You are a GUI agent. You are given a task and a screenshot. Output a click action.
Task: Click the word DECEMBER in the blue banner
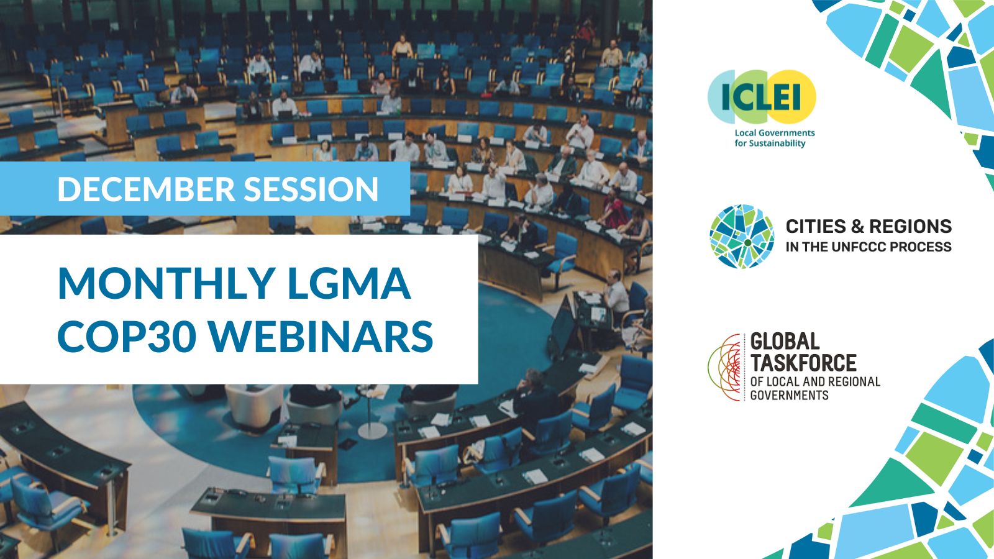pos(146,189)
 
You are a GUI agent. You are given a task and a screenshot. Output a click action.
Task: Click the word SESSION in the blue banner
pos(311,189)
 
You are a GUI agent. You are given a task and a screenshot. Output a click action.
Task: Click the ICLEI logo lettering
pos(761,96)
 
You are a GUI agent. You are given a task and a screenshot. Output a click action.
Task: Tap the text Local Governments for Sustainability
pos(774,138)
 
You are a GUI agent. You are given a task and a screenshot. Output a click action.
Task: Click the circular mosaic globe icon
pos(742,236)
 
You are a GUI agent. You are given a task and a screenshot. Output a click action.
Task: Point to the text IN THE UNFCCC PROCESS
pos(869,247)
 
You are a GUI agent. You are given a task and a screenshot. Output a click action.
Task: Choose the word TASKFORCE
pos(803,363)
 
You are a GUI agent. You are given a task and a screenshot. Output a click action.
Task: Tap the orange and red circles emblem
pos(725,367)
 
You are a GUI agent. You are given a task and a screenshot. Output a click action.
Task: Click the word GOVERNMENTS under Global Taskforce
pos(789,395)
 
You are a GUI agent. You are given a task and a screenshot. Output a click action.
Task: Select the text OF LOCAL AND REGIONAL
pos(815,381)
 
